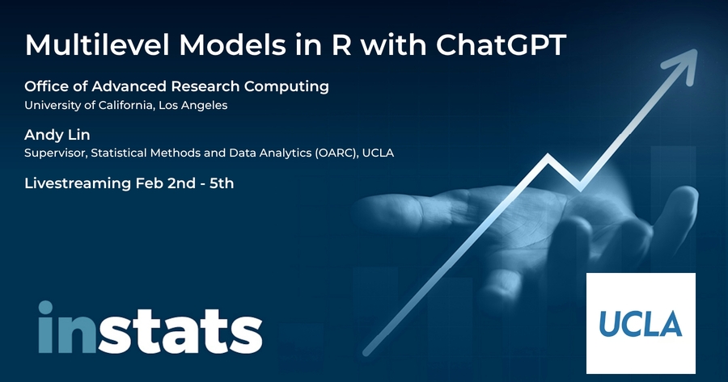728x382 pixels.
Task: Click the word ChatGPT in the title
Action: [501, 45]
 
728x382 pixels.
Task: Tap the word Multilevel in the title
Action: [99, 45]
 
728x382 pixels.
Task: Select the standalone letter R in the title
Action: [341, 45]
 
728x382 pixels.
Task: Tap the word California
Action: [125, 105]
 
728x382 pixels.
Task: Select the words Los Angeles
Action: [193, 106]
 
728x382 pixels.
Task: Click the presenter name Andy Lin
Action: [57, 135]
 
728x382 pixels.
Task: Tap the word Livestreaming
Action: [78, 183]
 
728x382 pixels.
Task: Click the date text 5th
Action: [222, 183]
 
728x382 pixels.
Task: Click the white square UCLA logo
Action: [641, 323]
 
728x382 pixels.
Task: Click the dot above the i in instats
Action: [45, 307]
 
